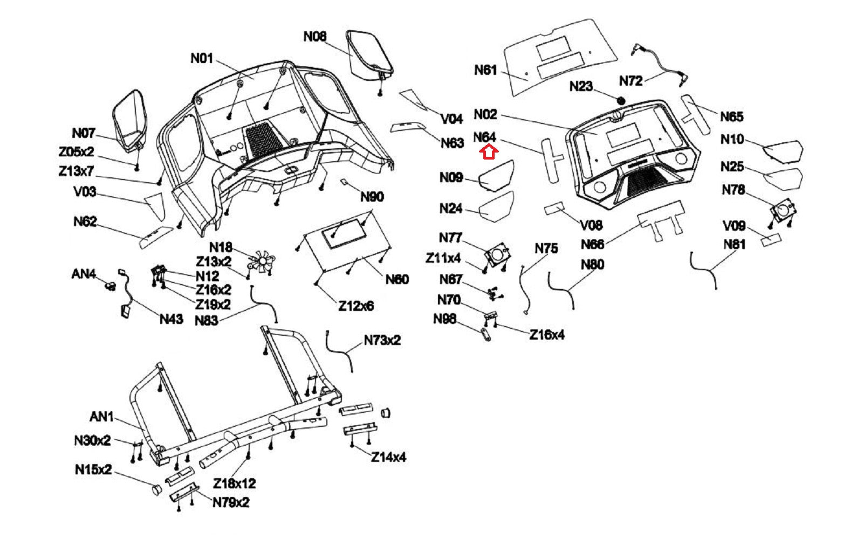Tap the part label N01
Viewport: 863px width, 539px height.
coord(202,58)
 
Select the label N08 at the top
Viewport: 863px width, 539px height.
coord(315,36)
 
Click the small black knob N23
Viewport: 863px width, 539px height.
coord(620,100)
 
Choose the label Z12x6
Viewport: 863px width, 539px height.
coord(356,306)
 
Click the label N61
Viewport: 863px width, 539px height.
coord(485,70)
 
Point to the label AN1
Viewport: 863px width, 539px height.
coord(101,417)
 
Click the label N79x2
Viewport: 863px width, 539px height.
coord(231,502)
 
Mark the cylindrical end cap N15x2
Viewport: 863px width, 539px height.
coord(155,489)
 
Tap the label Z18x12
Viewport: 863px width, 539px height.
coord(234,483)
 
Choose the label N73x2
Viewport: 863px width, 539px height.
coord(382,340)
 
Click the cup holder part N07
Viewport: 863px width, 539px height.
coord(130,121)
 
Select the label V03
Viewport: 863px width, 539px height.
coord(85,191)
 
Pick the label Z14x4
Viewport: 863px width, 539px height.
coord(388,457)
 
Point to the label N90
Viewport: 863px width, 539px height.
coord(372,197)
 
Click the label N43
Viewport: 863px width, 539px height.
coord(172,319)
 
